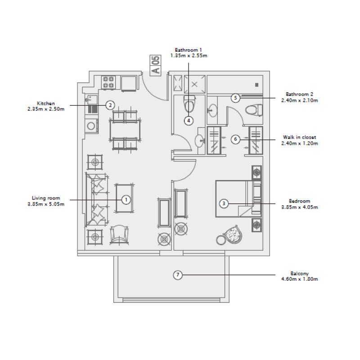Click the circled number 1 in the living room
tap(126, 199)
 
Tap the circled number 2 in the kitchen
tap(110, 105)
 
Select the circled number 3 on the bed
tap(224, 203)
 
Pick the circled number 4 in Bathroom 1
tap(189, 120)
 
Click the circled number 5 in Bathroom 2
tap(235, 98)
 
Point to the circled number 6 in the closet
tap(235, 139)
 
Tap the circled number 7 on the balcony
tap(178, 274)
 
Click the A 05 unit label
tap(156, 65)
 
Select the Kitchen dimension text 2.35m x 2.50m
tap(46, 109)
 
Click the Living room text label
tap(46, 198)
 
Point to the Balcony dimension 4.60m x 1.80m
tap(300, 279)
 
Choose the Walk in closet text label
tap(300, 137)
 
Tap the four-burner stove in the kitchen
tap(108, 82)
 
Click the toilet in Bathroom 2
tap(253, 109)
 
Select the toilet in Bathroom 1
tap(189, 104)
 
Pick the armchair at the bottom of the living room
tap(119, 234)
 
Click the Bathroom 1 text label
tap(189, 50)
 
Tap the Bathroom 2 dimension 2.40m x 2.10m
tap(300, 101)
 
